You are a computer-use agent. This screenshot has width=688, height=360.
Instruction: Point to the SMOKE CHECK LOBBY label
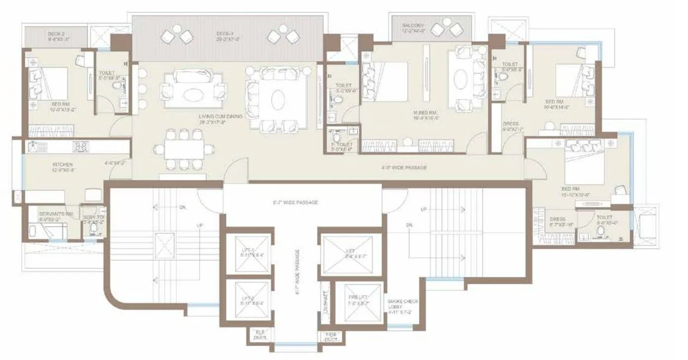tap(400, 306)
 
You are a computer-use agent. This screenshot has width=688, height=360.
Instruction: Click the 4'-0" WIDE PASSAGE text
tap(404, 168)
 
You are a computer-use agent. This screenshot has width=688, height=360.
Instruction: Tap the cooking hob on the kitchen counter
tap(81, 146)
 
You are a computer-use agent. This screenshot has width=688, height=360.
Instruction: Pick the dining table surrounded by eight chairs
tap(184, 148)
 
